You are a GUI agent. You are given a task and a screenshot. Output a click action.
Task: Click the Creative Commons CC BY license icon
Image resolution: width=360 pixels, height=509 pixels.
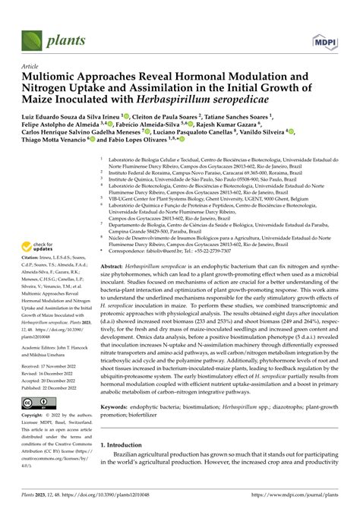[37, 403]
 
